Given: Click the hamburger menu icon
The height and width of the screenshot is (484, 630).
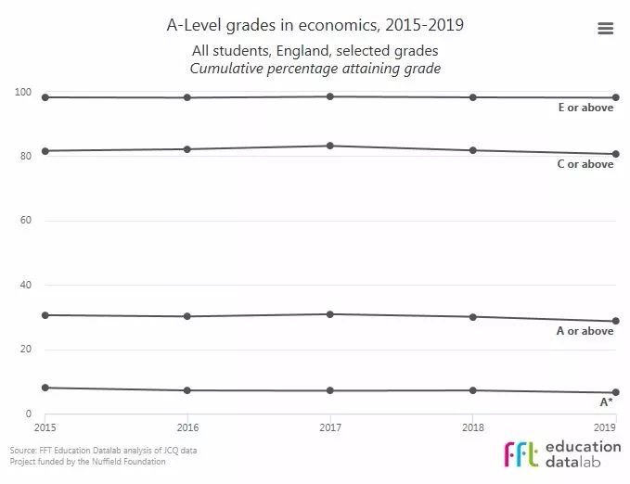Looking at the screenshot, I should click(605, 29).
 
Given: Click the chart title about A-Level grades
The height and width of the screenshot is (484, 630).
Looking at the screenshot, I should click(315, 25).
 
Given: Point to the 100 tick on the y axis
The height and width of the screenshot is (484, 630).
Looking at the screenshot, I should click(24, 92).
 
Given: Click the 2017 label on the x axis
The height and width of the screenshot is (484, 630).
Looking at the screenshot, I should click(329, 427).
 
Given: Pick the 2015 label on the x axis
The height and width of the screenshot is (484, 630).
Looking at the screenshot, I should click(45, 427).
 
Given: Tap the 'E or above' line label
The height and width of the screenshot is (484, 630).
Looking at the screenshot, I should click(585, 108).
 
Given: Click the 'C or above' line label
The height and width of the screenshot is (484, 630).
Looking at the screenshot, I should click(585, 164).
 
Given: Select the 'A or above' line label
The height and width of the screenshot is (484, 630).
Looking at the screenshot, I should click(585, 331).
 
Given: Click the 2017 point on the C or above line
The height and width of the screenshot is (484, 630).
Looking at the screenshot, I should click(330, 146).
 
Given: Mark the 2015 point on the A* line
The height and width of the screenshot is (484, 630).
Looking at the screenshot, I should click(45, 388).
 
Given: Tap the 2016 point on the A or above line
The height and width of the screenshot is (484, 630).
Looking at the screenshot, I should click(187, 316).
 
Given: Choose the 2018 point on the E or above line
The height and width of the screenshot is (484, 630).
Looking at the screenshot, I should click(472, 97).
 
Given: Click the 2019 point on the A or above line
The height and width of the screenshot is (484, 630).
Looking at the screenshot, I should click(615, 321).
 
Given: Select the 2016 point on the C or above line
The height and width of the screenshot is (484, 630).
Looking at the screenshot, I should click(187, 149).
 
